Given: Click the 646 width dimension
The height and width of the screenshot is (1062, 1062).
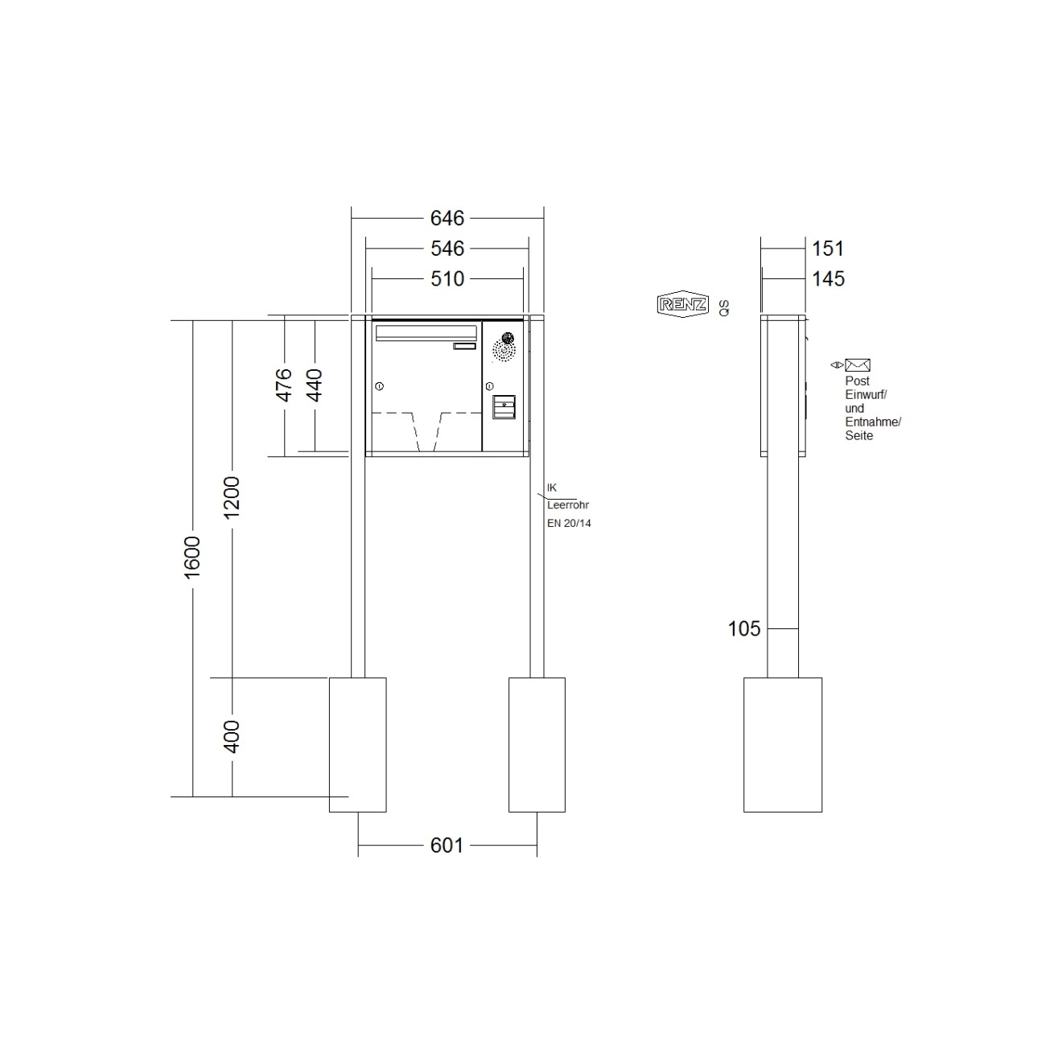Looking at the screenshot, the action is coord(447,219).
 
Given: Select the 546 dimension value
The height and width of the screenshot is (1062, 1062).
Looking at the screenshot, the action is coord(447,249).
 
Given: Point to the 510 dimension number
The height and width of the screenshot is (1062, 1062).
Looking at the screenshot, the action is coord(447,279).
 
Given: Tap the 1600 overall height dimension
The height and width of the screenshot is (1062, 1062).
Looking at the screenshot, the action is coord(192,558).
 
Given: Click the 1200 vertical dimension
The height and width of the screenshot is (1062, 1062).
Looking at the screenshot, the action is coord(232,497).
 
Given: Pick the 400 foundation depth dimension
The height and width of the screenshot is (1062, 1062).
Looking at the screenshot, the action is coord(232,737).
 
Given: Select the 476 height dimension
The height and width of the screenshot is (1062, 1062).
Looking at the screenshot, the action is coord(283,385).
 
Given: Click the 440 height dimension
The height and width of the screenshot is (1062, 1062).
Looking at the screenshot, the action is coord(314,385).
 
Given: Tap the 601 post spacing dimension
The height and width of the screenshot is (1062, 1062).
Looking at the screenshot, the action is coord(447,846).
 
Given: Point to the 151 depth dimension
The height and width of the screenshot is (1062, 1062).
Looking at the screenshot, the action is coord(828,249).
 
